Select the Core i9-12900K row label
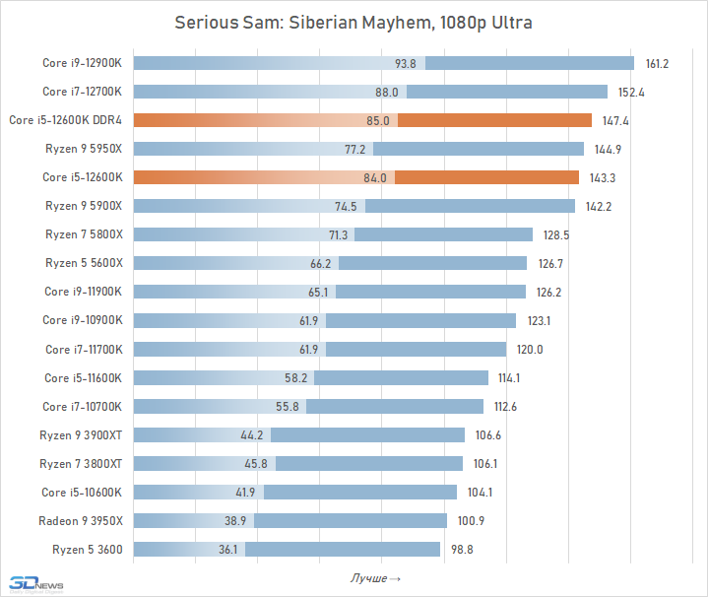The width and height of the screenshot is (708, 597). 82,64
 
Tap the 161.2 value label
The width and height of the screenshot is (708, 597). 657,64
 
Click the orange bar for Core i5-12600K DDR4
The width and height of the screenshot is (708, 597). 492,121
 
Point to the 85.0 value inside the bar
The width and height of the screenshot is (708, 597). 378,121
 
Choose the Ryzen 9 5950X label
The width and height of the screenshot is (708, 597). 84,150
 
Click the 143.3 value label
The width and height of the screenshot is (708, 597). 603,178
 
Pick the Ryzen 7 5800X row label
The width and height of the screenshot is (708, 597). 84,235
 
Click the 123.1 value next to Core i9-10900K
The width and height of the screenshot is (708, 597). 539,321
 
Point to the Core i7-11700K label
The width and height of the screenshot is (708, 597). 84,350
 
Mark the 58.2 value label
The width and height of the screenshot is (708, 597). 296,378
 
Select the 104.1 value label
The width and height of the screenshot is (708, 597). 481,493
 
